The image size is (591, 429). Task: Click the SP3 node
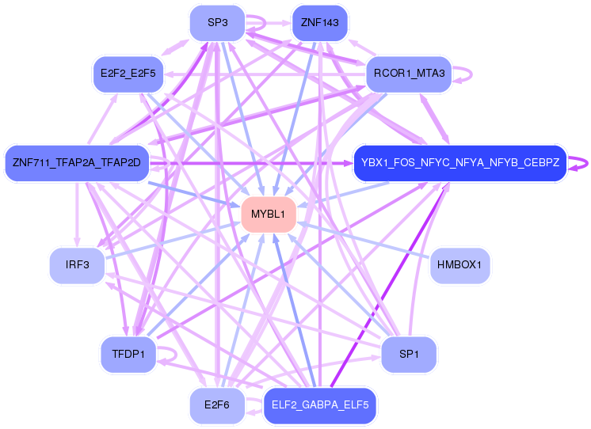pos(218,23)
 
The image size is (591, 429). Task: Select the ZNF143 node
pos(320,23)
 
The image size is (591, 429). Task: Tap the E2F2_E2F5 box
pos(128,74)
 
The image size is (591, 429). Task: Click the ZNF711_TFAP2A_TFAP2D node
pos(76,163)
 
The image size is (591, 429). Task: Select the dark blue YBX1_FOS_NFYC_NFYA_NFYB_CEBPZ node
pos(459,163)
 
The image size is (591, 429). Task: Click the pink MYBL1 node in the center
pos(269,214)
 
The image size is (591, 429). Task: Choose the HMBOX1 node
pos(460,265)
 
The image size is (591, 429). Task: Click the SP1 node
pos(409,354)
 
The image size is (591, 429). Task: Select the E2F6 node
pos(217,405)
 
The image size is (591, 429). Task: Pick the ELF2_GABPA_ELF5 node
pos(320,405)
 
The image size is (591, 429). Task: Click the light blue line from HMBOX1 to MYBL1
pos(364,240)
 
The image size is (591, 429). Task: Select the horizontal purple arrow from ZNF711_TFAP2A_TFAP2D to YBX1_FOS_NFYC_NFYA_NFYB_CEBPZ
pos(254,164)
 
